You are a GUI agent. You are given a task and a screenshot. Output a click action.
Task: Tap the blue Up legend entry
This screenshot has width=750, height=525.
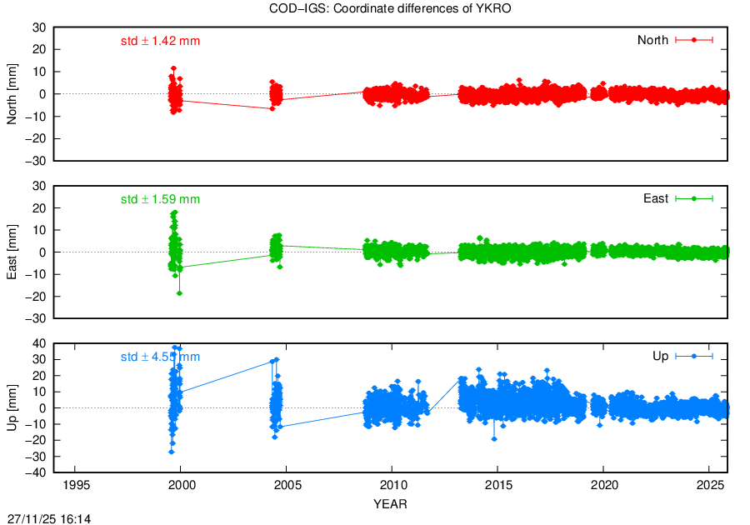(682, 357)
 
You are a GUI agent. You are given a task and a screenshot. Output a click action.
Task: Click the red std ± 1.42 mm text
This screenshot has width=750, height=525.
(160, 40)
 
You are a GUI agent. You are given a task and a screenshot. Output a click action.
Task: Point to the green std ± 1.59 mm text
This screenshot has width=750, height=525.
(160, 199)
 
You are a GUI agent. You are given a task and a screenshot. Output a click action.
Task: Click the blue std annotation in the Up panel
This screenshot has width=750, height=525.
(160, 357)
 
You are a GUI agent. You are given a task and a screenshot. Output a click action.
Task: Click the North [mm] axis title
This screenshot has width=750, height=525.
(12, 93)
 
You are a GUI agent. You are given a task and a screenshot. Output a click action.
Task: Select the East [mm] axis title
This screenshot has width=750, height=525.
(12, 252)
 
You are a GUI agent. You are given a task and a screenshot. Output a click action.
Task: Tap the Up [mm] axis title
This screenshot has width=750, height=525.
(12, 409)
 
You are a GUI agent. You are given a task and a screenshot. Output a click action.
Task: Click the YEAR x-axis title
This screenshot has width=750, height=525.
(390, 503)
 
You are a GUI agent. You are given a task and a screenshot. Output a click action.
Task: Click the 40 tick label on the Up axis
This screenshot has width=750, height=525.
(38, 343)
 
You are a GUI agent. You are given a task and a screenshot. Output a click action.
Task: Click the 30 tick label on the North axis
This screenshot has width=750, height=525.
(38, 27)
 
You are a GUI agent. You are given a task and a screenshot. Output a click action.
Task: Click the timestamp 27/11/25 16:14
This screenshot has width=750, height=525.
(49, 518)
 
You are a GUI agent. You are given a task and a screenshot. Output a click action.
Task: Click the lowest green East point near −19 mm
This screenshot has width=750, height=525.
(179, 293)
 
